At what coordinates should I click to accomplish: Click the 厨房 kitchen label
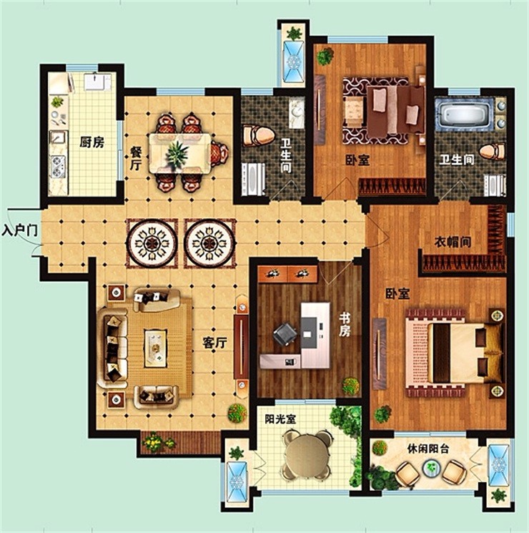[92, 142]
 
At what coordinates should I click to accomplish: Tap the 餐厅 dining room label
[136, 159]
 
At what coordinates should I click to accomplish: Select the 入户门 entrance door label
[19, 230]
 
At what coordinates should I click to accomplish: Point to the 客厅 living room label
[214, 343]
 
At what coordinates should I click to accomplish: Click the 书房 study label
[344, 325]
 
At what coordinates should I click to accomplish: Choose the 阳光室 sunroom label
[280, 419]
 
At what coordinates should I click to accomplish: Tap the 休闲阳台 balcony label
[428, 449]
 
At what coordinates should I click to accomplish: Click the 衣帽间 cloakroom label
[453, 243]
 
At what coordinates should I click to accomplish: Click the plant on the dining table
[177, 154]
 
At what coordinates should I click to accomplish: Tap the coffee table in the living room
[156, 348]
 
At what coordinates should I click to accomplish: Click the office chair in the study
[285, 334]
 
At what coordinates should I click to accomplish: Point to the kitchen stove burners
[58, 167]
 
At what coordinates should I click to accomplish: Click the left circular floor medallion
[152, 243]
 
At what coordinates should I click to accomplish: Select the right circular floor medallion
[209, 243]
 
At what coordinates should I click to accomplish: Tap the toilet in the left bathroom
[259, 136]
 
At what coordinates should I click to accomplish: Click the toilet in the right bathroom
[493, 152]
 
